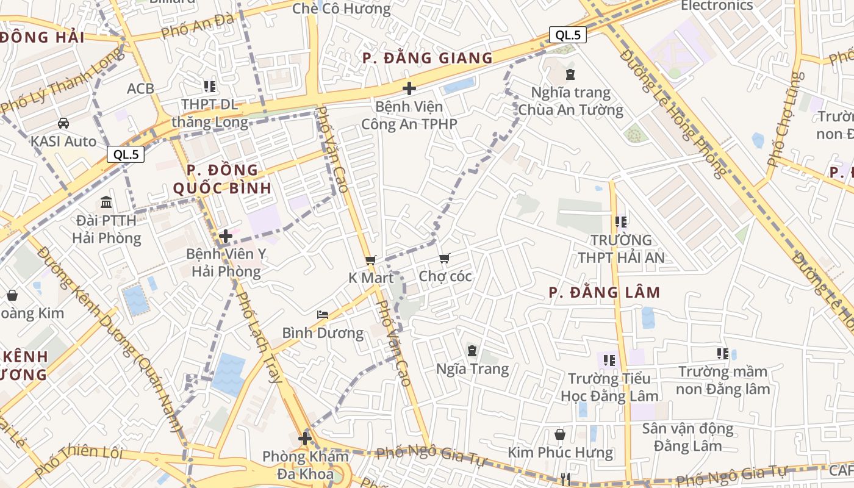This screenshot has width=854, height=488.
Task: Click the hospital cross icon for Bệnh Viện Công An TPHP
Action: tap(409, 88)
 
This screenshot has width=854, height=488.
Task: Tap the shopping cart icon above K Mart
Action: tap(370, 260)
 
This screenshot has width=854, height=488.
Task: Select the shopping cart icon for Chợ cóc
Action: tap(444, 259)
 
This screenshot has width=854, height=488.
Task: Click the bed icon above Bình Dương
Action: tap(323, 315)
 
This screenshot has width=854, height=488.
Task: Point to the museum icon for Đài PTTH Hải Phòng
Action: tap(106, 202)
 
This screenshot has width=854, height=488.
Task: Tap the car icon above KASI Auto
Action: tap(63, 123)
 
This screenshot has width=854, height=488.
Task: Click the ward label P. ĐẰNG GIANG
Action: tap(427, 58)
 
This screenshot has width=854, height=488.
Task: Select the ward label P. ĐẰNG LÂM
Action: tap(605, 292)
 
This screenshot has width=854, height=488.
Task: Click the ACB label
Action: tap(140, 89)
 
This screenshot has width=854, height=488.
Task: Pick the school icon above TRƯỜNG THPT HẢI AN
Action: tap(621, 222)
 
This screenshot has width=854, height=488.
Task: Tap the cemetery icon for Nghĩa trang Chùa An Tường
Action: tap(570, 74)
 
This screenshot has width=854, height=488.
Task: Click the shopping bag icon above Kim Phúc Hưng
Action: tap(560, 434)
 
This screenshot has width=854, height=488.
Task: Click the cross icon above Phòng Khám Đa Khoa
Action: tap(304, 438)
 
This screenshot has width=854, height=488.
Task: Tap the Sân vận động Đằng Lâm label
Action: tap(687, 437)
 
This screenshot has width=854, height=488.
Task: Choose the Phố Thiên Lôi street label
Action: tap(79, 461)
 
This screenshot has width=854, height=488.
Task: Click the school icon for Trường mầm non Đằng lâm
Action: tap(723, 353)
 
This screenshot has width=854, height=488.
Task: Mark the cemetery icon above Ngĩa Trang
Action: tap(472, 351)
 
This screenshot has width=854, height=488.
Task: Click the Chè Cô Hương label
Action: tap(342, 9)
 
